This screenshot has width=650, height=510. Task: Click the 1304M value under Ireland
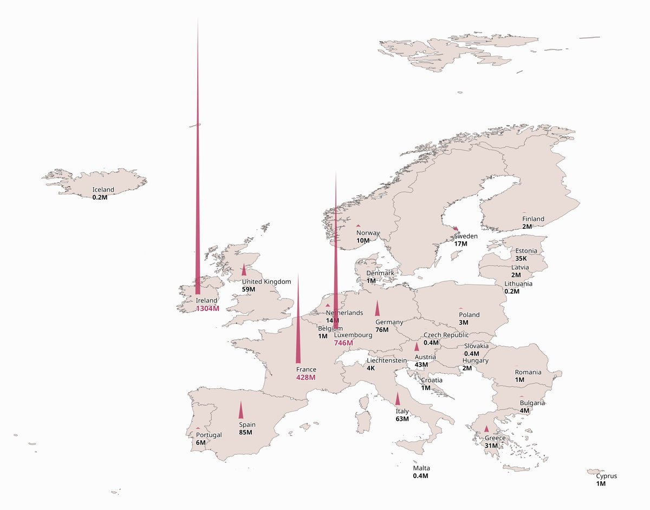click(208, 309)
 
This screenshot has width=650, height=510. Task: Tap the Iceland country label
click(103, 190)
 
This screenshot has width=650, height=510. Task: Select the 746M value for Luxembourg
click(343, 343)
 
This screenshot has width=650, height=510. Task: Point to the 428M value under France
click(305, 377)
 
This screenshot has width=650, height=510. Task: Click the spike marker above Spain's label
click(241, 411)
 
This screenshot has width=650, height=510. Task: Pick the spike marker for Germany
click(378, 309)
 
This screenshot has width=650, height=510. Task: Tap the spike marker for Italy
click(398, 400)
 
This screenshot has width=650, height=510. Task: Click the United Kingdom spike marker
click(244, 271)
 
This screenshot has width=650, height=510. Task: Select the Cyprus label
click(606, 476)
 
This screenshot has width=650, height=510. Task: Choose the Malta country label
click(421, 468)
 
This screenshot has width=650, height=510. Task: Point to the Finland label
click(533, 219)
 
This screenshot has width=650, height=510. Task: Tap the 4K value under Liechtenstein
click(370, 368)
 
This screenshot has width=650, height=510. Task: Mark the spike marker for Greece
click(486, 429)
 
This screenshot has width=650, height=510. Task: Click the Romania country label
click(528, 372)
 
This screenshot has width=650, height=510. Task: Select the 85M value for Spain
click(246, 433)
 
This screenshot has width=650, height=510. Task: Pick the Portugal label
click(209, 435)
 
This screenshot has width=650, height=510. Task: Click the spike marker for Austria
click(417, 347)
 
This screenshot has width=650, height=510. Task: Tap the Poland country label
click(469, 315)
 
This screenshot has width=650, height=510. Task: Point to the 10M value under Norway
click(363, 240)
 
